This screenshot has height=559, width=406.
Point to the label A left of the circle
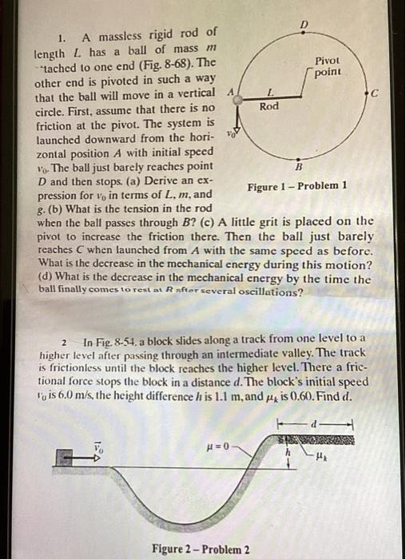pyautogui.click(x=230, y=92)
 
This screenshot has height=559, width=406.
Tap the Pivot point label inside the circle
pyautogui.click(x=328, y=66)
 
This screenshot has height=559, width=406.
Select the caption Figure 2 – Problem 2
pyautogui.click(x=201, y=549)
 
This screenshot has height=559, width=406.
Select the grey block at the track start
pyautogui.click(x=68, y=456)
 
